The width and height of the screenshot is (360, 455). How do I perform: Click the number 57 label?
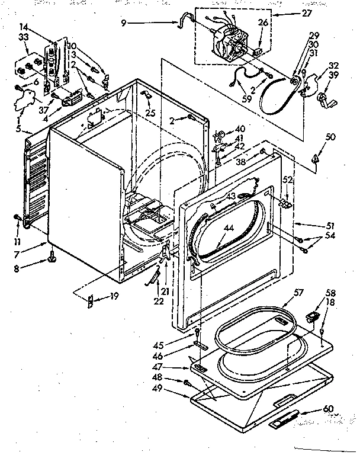(298, 292)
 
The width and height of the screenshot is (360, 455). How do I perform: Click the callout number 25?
(152, 112)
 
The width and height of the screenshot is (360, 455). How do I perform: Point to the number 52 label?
(287, 180)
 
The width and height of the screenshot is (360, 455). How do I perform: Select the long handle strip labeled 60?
(285, 421)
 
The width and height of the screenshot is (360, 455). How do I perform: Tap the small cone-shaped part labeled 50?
(316, 158)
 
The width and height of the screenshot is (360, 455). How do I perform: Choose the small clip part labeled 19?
(90, 301)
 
